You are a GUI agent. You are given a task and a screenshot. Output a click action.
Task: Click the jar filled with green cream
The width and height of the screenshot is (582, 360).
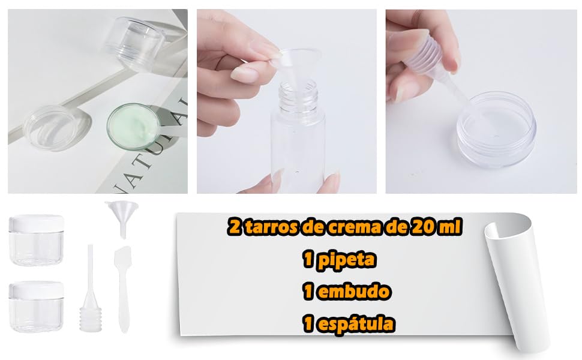tap(133, 125)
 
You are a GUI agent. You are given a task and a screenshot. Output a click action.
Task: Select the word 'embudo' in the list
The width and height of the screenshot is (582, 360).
tap(356, 292)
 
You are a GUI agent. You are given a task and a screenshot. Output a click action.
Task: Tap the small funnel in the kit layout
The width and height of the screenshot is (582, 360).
tap(117, 215)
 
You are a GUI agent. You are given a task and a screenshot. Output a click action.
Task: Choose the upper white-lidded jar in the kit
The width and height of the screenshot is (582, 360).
tap(36, 240)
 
